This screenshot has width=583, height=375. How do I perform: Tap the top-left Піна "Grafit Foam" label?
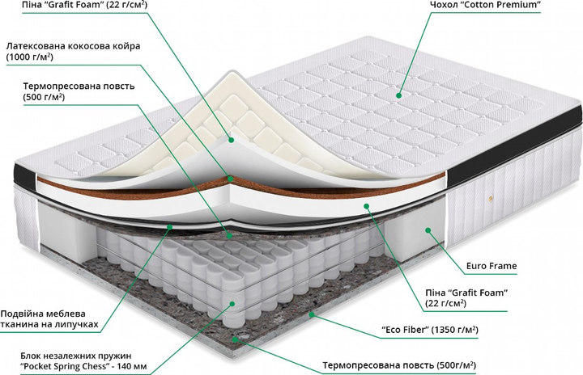pyautogui.click(x=73, y=6)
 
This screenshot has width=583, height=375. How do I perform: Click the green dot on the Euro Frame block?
pyautogui.click(x=427, y=230)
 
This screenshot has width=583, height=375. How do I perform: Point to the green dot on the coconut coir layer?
pyautogui.click(x=231, y=178)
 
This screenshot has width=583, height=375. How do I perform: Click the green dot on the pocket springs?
pyautogui.click(x=234, y=304)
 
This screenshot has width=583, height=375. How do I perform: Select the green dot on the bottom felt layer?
pyautogui.click(x=235, y=339)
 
